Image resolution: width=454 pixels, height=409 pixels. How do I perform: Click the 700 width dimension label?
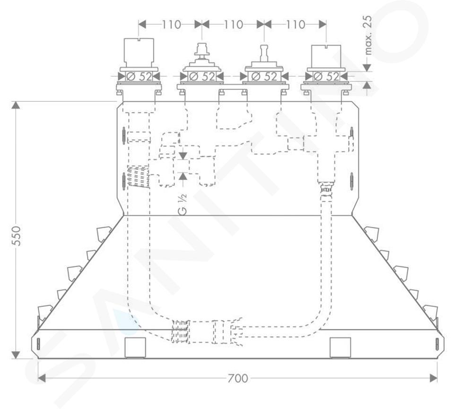[238, 378]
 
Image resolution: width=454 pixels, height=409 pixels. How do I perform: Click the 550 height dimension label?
[17, 236]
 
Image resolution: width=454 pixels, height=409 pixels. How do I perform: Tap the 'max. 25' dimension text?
[368, 35]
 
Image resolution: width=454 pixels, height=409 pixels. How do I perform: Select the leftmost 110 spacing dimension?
[171, 24]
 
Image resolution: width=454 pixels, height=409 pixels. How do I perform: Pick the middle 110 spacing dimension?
[233, 24]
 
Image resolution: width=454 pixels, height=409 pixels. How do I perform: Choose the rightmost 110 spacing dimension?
[295, 24]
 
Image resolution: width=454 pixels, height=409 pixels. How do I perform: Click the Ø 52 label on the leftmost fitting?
[139, 76]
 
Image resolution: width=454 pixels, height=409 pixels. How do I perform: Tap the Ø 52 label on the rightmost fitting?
[326, 76]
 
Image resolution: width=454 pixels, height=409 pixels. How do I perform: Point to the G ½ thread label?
[183, 204]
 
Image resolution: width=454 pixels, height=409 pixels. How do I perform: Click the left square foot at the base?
[135, 347]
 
